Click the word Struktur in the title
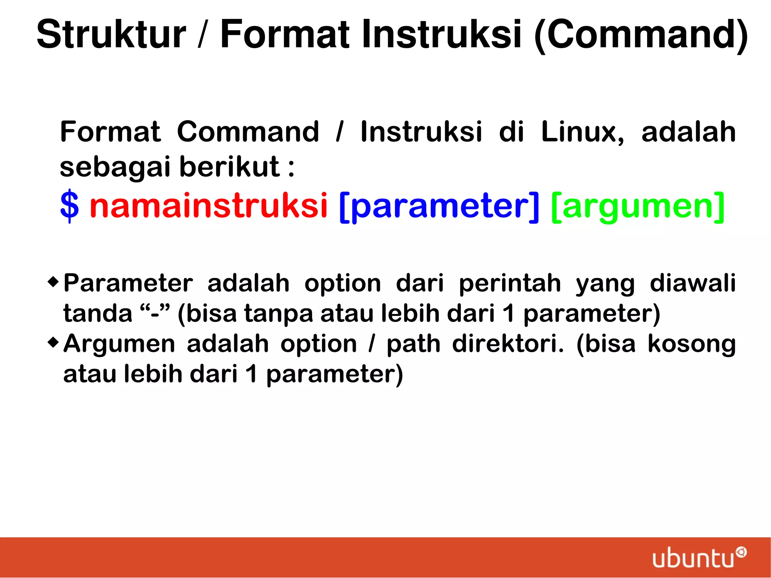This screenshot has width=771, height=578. click(111, 35)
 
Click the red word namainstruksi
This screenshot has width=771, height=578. click(209, 206)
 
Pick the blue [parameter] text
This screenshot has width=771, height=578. click(439, 206)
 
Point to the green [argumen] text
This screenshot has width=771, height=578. click(637, 206)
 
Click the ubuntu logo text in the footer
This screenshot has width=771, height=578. click(693, 558)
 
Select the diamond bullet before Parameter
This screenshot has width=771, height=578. click(53, 281)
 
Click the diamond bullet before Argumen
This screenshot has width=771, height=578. click(53, 342)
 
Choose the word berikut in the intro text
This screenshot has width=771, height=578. click(230, 166)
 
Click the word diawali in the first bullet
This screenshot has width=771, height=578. click(693, 283)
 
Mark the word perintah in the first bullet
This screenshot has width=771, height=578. click(510, 284)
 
